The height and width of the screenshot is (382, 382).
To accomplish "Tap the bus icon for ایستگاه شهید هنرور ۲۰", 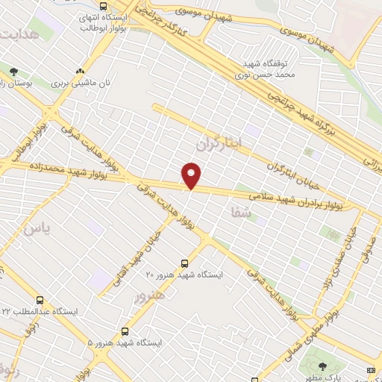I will coord(185,263).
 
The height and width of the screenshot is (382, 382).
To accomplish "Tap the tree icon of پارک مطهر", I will coord(322,366).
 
